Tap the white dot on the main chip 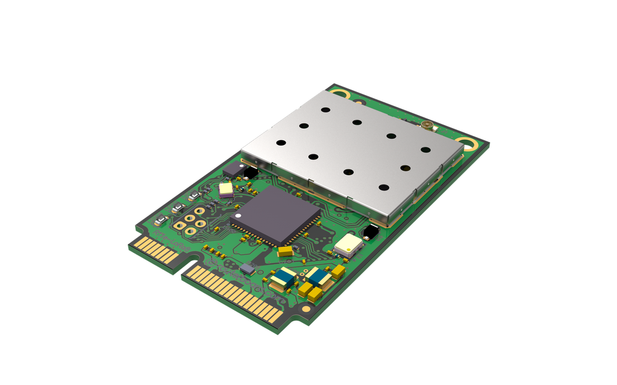(x=238, y=214)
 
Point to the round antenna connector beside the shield (x=428, y=127)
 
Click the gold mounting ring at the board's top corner (x=342, y=94)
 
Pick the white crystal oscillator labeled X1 (x=348, y=244)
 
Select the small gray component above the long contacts (x=246, y=268)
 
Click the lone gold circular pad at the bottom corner (x=306, y=309)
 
